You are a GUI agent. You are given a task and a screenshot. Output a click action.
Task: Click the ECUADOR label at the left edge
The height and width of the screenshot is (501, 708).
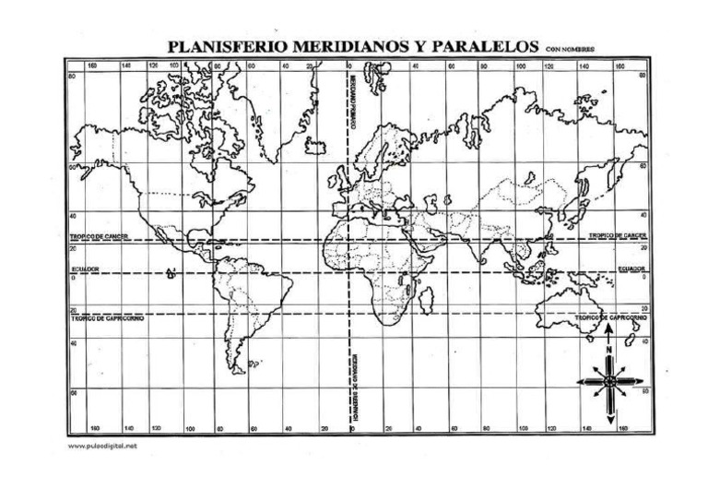point(85,269)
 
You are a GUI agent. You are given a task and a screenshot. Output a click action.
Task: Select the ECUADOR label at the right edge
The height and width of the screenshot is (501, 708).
point(631,269)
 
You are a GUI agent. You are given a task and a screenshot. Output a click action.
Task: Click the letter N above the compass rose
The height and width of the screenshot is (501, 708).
point(608,352)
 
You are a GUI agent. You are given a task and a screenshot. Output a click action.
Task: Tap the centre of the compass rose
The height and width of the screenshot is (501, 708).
point(608,378)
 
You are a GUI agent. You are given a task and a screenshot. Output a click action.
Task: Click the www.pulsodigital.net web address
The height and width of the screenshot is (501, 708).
point(103,447)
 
